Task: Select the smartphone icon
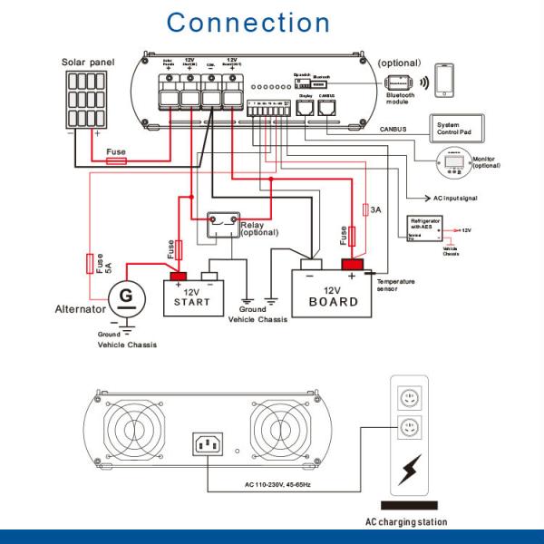tap(444, 80)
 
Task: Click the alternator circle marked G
tap(126, 296)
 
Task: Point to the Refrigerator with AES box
tap(425, 226)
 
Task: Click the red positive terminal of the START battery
tap(174, 275)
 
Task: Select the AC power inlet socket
tap(207, 444)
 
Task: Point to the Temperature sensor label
tap(398, 286)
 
